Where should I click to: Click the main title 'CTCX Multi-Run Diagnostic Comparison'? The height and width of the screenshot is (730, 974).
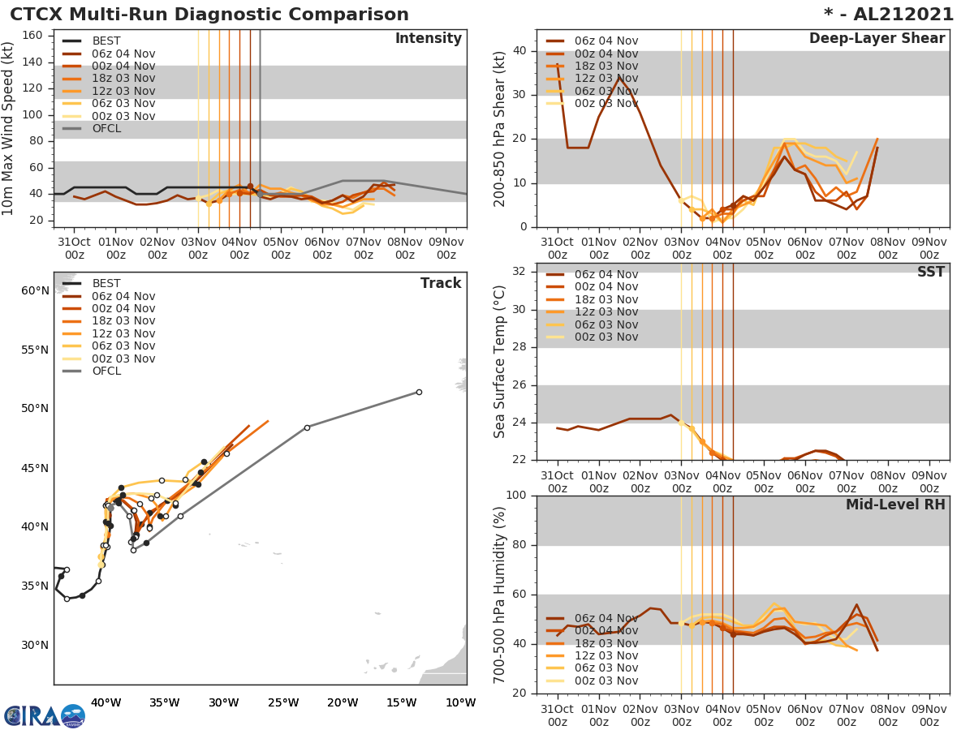click(209, 15)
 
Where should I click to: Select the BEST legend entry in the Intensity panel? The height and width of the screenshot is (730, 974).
click(106, 41)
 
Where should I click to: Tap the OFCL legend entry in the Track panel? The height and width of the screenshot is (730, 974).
click(106, 371)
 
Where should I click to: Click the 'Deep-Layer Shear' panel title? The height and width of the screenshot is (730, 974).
click(877, 39)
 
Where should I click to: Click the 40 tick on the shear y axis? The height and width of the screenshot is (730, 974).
click(520, 51)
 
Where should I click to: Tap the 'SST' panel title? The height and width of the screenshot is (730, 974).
click(930, 273)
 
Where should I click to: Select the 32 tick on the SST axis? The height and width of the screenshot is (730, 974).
click(520, 272)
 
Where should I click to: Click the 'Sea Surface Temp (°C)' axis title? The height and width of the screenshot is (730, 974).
click(500, 361)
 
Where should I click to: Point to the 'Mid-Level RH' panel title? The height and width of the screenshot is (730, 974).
click(895, 505)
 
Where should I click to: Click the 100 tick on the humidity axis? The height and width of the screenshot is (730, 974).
click(516, 496)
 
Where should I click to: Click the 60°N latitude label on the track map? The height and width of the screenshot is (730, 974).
click(35, 290)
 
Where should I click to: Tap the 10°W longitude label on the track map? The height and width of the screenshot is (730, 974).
click(460, 703)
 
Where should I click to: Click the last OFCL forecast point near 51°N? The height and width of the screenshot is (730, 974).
click(419, 392)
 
